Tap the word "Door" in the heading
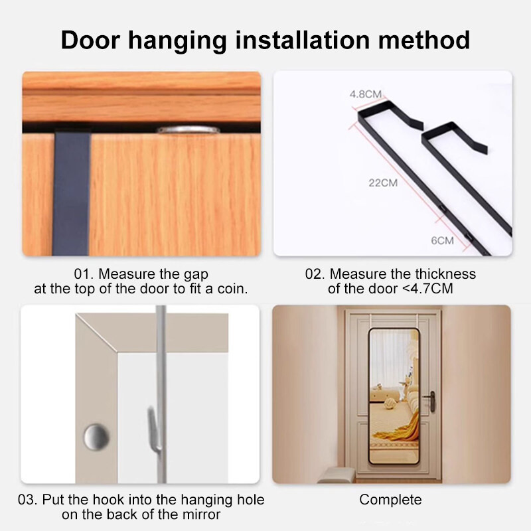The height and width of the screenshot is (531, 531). point(90,40)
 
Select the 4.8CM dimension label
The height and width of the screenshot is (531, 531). point(366,94)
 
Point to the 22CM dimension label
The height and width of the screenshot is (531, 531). point(383,183)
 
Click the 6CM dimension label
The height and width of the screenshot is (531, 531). point(442,240)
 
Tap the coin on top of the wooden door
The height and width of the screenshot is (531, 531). point(188,129)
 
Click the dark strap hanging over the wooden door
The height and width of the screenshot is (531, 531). point(72,193)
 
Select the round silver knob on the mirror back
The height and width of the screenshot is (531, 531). point(96,437)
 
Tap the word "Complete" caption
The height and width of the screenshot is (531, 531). point(390,500)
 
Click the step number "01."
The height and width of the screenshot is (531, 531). point(83,274)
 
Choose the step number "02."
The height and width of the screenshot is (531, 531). point(315,274)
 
